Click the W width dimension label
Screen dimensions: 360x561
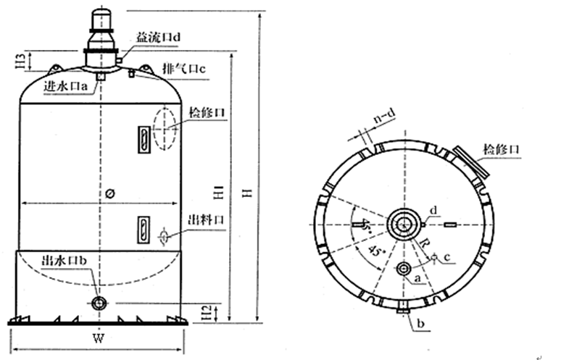(x=98, y=338)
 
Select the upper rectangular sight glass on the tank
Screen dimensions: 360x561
(x=144, y=138)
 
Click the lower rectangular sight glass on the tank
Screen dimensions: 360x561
(x=144, y=229)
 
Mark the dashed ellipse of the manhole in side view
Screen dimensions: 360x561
(x=165, y=128)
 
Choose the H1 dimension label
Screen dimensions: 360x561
(x=217, y=193)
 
